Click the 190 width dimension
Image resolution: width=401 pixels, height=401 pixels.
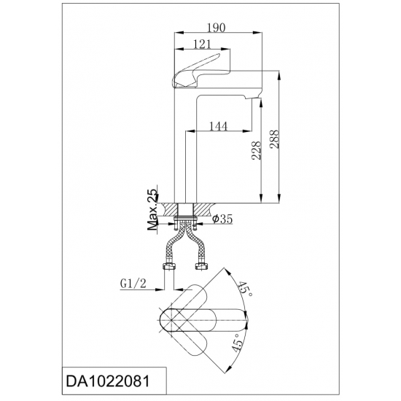pyautogui.click(x=216, y=28)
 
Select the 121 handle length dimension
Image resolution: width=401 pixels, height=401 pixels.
pyautogui.click(x=202, y=44)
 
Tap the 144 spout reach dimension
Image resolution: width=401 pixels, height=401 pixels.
pyautogui.click(x=219, y=126)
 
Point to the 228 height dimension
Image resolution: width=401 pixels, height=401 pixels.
pyautogui.click(x=257, y=150)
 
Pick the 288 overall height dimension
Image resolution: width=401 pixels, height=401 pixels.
pyautogui.click(x=274, y=139)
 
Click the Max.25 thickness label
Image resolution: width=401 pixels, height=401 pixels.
pyautogui.click(x=153, y=210)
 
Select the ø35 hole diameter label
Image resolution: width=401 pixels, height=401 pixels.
pyautogui.click(x=222, y=219)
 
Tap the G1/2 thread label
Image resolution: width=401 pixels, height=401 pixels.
pyautogui.click(x=133, y=284)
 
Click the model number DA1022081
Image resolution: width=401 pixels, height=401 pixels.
pyautogui.click(x=108, y=382)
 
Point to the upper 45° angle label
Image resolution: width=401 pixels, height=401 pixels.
pyautogui.click(x=245, y=289)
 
